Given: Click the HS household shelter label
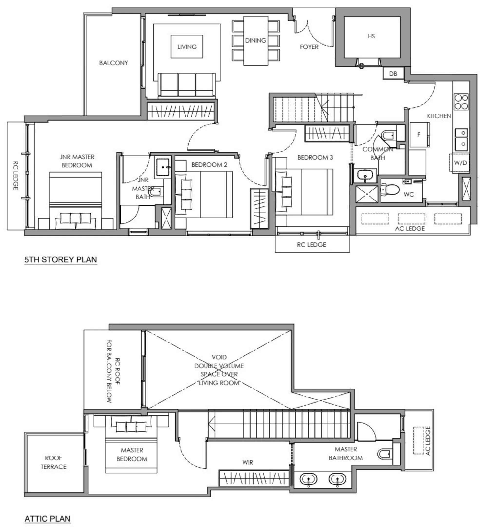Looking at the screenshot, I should point(371,36).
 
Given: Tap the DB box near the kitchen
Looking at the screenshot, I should point(393,74).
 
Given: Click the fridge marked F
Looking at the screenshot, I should point(419,134).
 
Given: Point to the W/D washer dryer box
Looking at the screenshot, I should point(460,163).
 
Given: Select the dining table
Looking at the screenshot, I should point(255,41).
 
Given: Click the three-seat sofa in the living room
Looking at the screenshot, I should point(186,85).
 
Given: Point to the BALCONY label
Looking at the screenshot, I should point(114,63).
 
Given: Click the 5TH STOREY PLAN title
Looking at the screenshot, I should point(60,259).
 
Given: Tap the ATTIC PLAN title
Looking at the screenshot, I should point(48,519).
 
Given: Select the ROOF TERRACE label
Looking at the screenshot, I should point(54,462).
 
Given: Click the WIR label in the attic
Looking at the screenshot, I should point(247,462).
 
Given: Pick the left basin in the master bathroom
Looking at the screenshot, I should point(308,479).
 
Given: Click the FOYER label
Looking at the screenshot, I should point(309,47).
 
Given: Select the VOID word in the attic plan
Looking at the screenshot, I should point(219,357).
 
